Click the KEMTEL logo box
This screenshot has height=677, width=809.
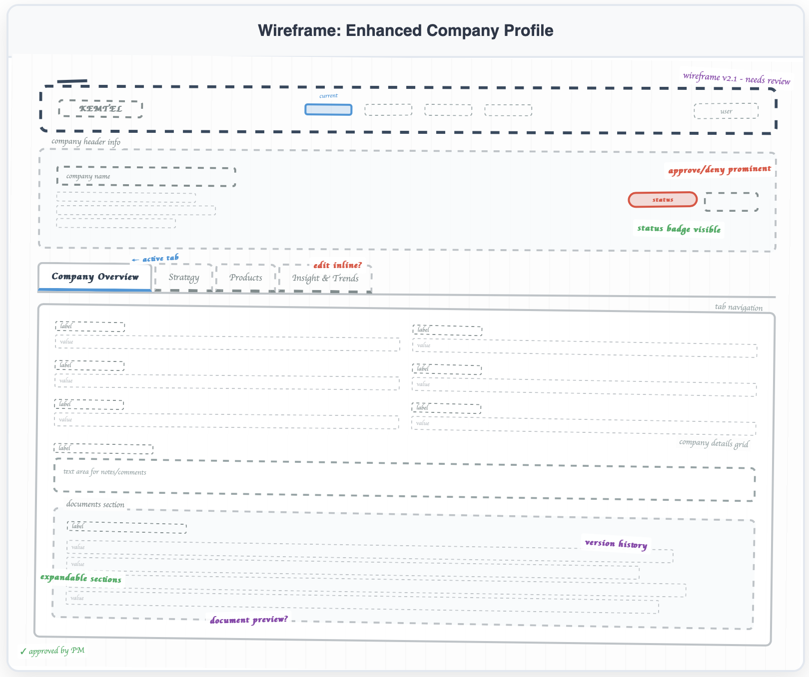point(100,108)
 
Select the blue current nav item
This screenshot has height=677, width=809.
point(328,109)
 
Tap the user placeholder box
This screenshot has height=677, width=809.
point(726,111)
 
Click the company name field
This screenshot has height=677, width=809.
point(146,177)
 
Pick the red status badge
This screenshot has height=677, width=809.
point(663,200)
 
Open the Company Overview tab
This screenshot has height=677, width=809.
point(95,277)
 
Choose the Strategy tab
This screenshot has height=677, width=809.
point(184,278)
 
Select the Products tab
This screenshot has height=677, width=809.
point(246,278)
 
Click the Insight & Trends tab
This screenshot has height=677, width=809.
point(325,279)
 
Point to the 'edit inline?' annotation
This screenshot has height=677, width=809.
point(337,265)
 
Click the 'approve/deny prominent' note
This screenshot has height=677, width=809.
point(720,170)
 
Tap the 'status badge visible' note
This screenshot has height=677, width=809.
point(679,229)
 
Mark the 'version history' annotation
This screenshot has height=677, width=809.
point(616,544)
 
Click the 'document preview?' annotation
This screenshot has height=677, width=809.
point(249,620)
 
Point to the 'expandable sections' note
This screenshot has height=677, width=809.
point(80,578)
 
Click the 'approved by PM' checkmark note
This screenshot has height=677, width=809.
point(52,651)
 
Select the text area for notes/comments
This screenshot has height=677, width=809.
point(404,480)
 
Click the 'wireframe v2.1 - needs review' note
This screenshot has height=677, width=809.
point(737,78)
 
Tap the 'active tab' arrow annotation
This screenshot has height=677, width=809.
point(155,259)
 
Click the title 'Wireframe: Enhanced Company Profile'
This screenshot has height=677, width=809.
point(405,30)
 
